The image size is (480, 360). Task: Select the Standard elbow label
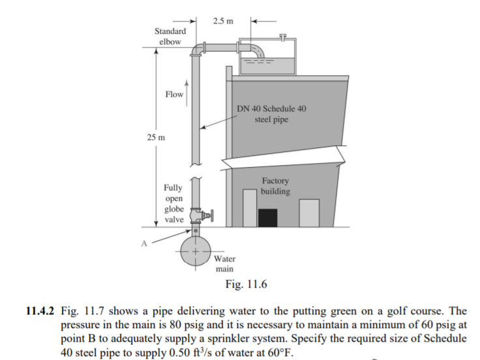tap(170, 37)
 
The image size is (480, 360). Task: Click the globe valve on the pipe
tap(197, 215)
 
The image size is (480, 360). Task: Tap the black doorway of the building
tap(267, 217)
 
